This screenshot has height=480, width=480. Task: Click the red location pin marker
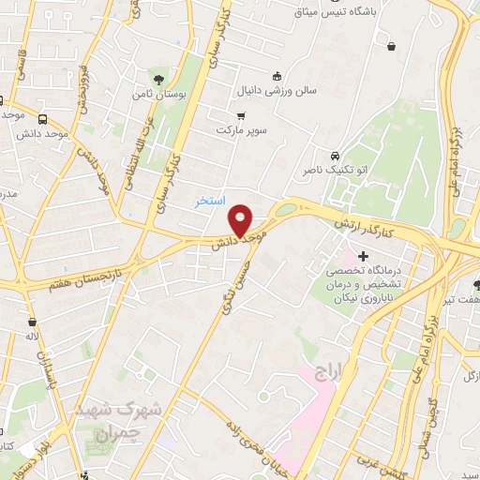(241, 221)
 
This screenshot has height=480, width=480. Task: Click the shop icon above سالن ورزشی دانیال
(277, 76)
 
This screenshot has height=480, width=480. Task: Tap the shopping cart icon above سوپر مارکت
(241, 115)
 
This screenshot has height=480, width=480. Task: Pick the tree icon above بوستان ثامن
(157, 77)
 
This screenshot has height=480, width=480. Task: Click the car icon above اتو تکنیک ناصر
(335, 155)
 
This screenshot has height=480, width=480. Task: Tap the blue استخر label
(209, 200)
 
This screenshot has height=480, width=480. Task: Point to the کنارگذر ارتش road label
(372, 223)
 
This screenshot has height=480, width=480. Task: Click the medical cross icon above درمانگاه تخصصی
(364, 255)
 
